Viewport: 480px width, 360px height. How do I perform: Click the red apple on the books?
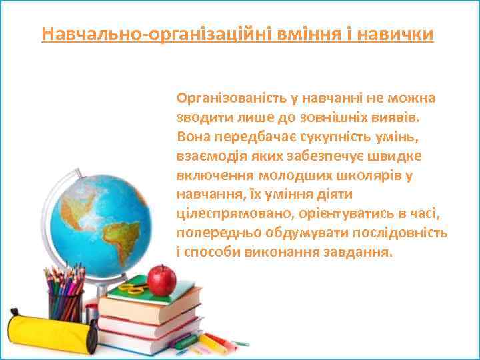point(161,279)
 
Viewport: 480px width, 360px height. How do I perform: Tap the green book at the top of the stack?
point(153,294)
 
